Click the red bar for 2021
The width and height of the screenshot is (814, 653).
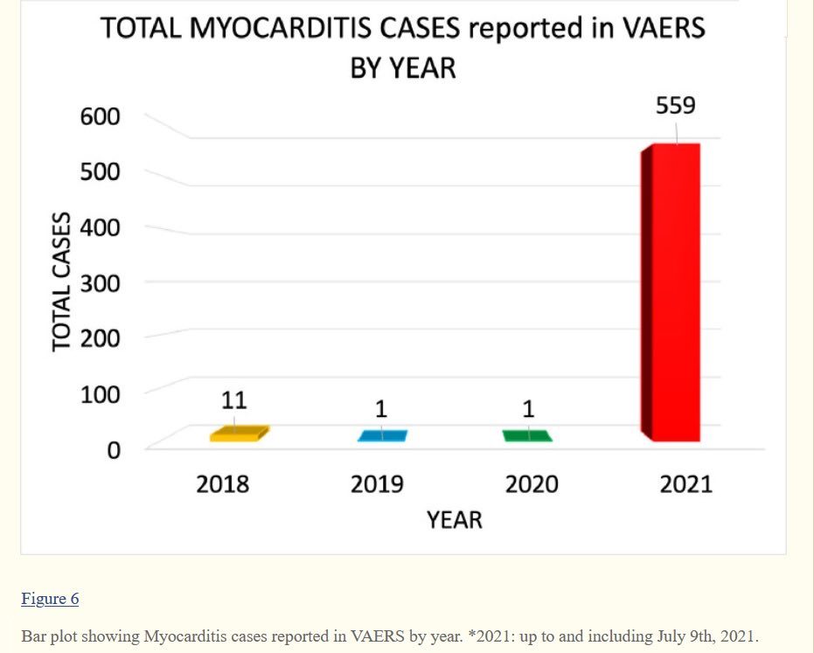pos(673,292)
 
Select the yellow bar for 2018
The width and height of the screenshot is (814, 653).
pos(234,434)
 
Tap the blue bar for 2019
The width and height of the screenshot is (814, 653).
pos(382,435)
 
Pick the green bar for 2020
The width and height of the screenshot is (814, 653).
pos(527,435)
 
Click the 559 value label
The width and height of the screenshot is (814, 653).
pos(675,106)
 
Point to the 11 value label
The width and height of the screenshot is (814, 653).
pos(233,400)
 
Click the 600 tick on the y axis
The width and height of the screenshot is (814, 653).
pos(101,116)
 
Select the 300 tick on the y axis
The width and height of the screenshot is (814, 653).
pos(101,283)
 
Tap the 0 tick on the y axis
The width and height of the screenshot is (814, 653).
pos(112,450)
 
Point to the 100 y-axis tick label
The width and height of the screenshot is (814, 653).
pos(101,394)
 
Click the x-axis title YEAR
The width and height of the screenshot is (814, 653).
pos(454,520)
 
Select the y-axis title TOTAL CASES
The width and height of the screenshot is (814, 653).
pos(61,281)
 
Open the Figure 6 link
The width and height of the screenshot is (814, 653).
pos(50,599)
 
